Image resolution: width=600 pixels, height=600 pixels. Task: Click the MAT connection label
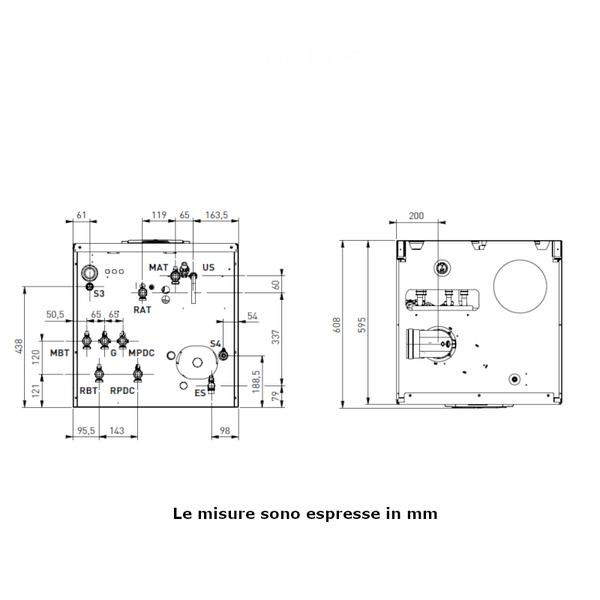[x=158, y=268]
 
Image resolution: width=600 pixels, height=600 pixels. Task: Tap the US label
[x=208, y=268]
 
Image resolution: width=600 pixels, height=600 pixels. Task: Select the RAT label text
[x=142, y=310]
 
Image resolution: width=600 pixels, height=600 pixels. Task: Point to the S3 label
[x=98, y=294]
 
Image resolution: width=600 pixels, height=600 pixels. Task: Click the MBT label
[x=60, y=353]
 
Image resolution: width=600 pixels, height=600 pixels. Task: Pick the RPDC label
[x=122, y=391]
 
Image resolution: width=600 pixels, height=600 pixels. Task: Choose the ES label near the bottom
[x=200, y=393]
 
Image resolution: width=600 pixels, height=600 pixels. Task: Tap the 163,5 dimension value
[x=217, y=215]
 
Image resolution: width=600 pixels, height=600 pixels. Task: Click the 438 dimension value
[x=19, y=345]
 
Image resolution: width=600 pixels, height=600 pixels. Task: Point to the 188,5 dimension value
[x=256, y=384]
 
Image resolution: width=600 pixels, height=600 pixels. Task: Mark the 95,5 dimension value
[x=87, y=431]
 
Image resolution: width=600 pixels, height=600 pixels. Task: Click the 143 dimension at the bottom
[x=117, y=431]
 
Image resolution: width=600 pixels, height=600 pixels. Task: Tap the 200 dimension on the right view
[x=416, y=215]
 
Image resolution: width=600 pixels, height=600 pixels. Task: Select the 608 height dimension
[x=338, y=324]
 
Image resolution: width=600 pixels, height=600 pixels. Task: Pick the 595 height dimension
[x=365, y=324]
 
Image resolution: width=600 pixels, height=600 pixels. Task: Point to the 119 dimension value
[x=159, y=215]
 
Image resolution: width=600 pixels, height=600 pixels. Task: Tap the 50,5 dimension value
[x=55, y=315]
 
